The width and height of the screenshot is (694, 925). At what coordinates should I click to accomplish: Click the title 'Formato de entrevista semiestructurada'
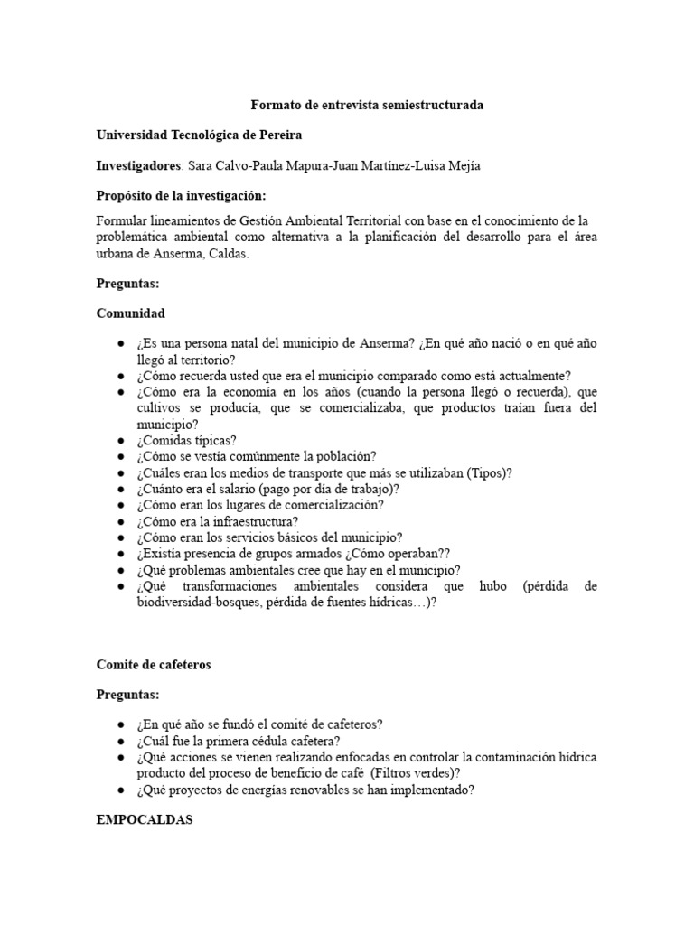coord(366,105)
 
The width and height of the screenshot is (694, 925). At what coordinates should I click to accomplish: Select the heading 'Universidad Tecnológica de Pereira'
coord(199,135)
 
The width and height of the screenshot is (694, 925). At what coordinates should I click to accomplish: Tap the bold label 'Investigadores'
coord(139,166)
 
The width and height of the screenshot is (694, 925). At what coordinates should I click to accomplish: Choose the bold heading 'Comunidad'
coord(131,313)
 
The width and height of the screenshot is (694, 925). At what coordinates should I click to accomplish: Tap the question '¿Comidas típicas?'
coord(186,440)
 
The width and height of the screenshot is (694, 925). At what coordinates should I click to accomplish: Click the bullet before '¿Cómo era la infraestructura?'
coord(121,521)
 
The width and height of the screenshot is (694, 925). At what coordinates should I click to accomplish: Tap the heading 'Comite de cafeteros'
coord(154,664)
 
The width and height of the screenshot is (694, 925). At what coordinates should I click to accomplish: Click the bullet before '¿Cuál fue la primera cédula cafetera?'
coord(121,741)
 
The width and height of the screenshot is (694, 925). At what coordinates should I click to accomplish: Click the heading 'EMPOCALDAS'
coord(144,821)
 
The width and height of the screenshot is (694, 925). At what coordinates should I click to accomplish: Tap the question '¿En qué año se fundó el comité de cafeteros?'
coord(260,724)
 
